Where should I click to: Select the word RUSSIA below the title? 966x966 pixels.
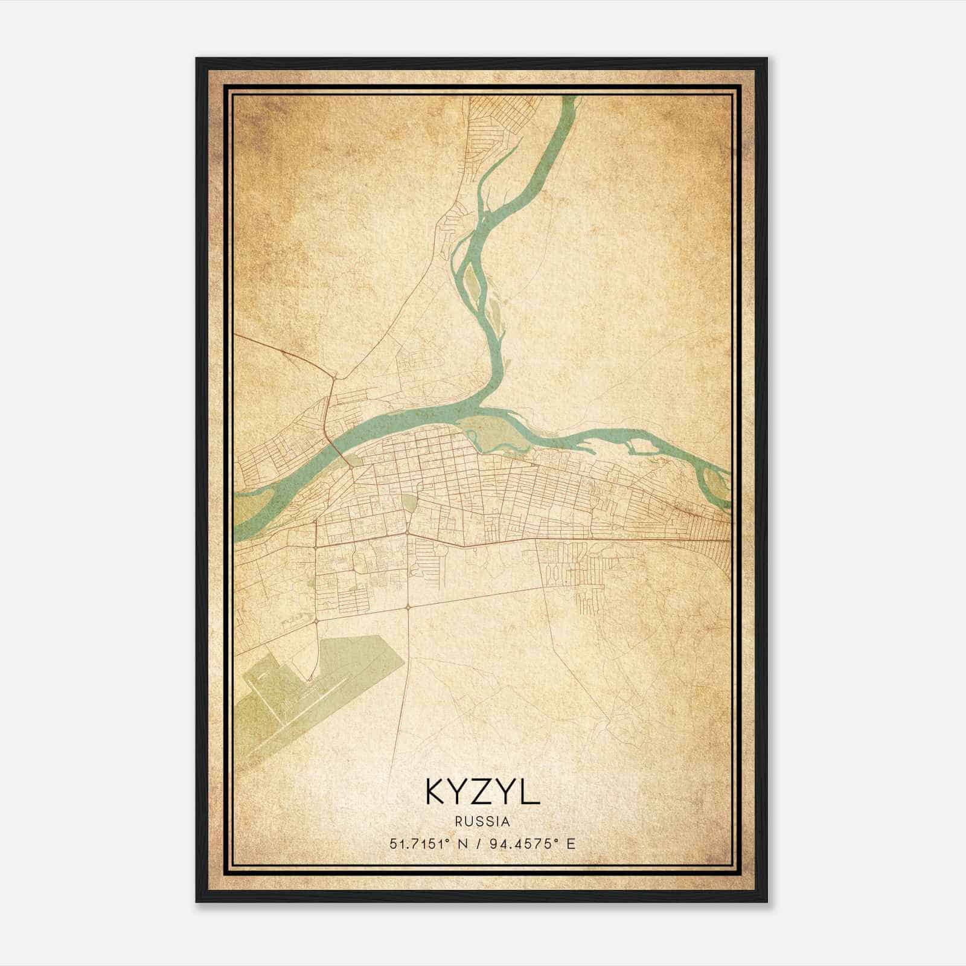point(482,822)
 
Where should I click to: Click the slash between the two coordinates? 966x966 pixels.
point(478,843)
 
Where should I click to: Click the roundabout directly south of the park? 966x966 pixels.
point(408,606)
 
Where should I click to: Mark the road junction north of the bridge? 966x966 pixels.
point(336,377)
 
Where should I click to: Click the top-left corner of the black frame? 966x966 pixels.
point(197,59)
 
